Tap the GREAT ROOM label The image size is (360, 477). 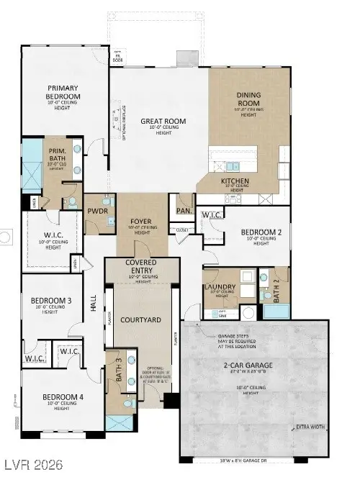click(164, 122)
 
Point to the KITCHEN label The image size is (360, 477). click(235, 181)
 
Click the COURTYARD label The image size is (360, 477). click(141, 318)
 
